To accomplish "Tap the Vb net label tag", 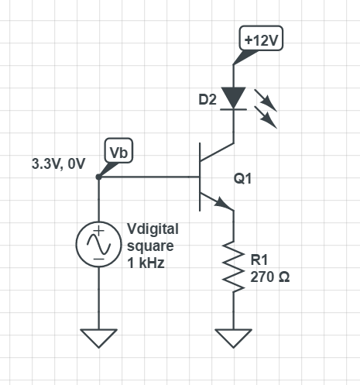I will [118, 151].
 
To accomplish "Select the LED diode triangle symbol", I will [233, 98].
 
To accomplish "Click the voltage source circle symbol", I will [98, 245].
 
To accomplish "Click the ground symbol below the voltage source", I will [98, 337].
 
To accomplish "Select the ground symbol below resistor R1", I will [233, 337].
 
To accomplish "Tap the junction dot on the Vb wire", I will [98, 177].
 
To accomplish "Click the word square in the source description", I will [147, 246].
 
